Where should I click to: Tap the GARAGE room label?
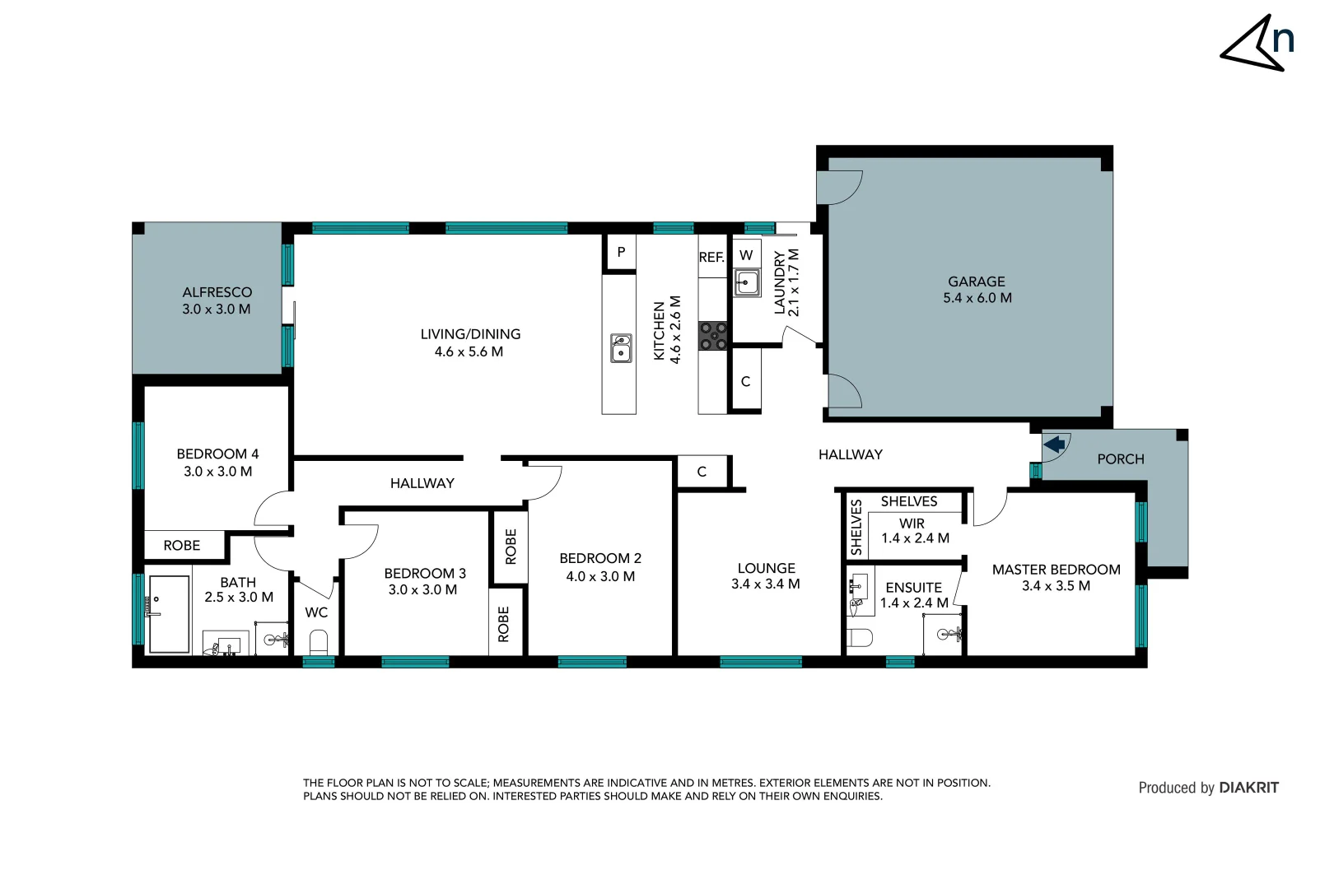[x=977, y=282]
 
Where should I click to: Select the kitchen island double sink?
[x=621, y=348]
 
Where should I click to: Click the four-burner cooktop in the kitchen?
[x=713, y=336]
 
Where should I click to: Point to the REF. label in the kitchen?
[x=711, y=258]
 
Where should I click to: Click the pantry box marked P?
[x=621, y=252]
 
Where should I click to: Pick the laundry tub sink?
[x=747, y=283]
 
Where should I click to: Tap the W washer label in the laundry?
[x=746, y=255]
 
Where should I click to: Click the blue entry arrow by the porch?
[x=1054, y=445]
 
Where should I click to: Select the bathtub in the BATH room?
[x=169, y=614]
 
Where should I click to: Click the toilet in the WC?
[x=318, y=640]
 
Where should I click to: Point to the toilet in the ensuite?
[x=860, y=637]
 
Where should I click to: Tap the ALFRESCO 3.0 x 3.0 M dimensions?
[x=217, y=310]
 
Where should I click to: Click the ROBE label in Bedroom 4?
[x=182, y=546]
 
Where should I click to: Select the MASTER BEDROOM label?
[x=1056, y=570]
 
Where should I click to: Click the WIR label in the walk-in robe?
[x=912, y=524]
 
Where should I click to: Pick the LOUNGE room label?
[x=766, y=568]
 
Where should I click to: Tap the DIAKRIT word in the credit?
[x=1248, y=788]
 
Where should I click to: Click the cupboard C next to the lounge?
[x=702, y=472]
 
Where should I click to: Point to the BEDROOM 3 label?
[x=425, y=573]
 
